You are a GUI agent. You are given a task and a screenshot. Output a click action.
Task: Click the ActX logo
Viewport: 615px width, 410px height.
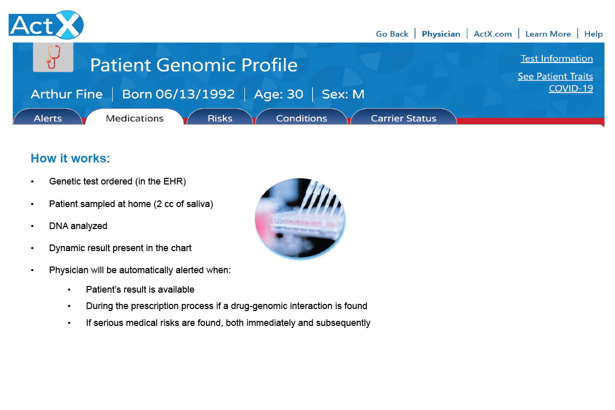click(x=46, y=25)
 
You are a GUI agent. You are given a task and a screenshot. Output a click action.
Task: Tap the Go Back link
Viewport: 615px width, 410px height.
click(x=392, y=34)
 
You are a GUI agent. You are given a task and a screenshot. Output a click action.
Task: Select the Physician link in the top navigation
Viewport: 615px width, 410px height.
click(x=441, y=34)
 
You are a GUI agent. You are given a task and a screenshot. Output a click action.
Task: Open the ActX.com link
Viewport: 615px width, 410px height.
click(x=493, y=34)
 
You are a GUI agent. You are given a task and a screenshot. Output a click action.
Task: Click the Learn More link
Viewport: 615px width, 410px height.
click(x=548, y=34)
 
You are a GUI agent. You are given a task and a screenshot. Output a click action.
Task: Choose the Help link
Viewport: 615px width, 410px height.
click(x=593, y=34)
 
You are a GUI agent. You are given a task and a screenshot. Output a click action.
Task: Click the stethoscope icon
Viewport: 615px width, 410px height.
click(x=53, y=57)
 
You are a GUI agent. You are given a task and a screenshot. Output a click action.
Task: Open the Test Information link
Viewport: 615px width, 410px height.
click(x=557, y=58)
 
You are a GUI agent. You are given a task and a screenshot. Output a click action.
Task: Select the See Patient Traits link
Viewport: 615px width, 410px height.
click(x=555, y=76)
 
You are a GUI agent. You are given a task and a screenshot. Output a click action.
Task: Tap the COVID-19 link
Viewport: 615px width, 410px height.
click(x=571, y=89)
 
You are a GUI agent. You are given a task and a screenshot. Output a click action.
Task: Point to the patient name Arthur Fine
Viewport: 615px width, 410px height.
click(x=67, y=94)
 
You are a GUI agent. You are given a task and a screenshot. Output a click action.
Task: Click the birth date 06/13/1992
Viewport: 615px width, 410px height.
click(x=195, y=94)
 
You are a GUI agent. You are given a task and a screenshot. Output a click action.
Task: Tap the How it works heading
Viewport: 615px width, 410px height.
click(x=70, y=158)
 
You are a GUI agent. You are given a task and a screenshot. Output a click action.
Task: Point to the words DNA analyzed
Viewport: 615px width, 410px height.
click(x=78, y=226)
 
